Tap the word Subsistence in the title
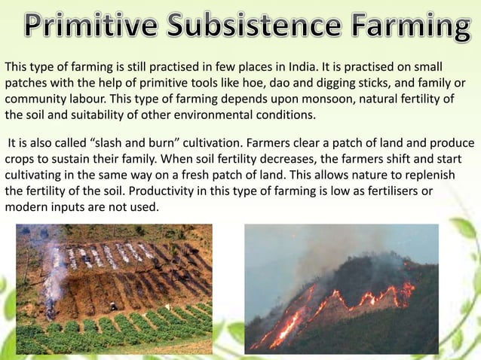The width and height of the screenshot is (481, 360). [256, 27]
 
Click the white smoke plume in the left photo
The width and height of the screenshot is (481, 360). [54, 271]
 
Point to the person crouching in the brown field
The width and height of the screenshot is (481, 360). [113, 307]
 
